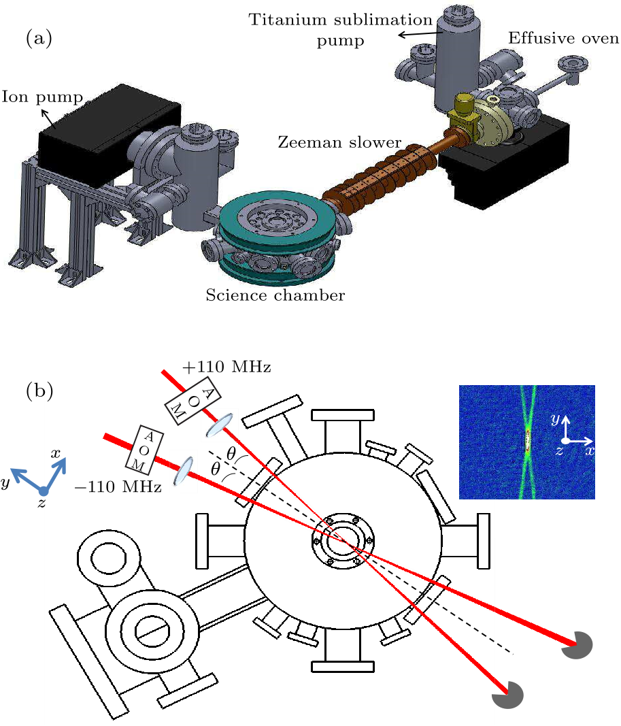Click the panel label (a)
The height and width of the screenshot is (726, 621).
39,39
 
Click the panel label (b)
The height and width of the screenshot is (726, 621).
39,391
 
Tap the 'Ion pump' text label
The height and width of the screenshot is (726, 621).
42,97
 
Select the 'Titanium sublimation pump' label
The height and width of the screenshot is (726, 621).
340,30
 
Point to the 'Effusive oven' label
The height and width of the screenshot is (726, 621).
564,39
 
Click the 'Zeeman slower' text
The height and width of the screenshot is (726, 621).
339,143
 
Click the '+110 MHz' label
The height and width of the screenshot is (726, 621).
226,368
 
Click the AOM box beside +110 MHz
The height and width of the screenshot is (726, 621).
184,401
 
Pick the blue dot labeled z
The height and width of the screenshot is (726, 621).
44,491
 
